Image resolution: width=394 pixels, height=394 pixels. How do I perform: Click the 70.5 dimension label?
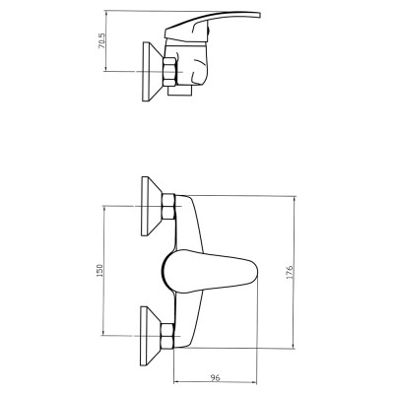pyautogui.click(x=101, y=40)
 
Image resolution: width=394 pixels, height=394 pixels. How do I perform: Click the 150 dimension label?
pyautogui.click(x=99, y=270)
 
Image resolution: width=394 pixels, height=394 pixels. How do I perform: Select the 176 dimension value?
pyautogui.click(x=290, y=272)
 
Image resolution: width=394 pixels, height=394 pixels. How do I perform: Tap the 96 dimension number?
pyautogui.click(x=215, y=378)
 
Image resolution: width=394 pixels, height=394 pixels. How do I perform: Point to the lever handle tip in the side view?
pyautogui.click(x=259, y=15)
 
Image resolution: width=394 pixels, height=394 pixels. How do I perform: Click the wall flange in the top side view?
pyautogui.click(x=153, y=72)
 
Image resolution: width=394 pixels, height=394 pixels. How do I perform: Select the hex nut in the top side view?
pyautogui.click(x=169, y=72)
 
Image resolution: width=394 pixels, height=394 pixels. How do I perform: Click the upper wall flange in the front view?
pyautogui.click(x=152, y=206)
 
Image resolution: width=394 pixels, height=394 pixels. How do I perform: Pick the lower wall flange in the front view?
pyautogui.click(x=151, y=336)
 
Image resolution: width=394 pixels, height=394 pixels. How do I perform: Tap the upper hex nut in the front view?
pyautogui.click(x=168, y=206)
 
